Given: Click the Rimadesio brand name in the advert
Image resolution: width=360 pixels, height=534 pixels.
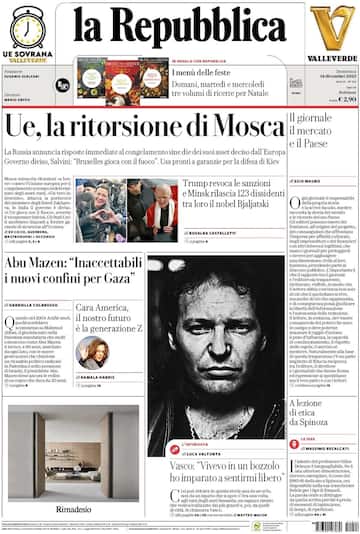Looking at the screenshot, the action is coord(72,509).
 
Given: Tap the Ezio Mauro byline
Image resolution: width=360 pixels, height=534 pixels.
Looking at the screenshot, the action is coord(308,180).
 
